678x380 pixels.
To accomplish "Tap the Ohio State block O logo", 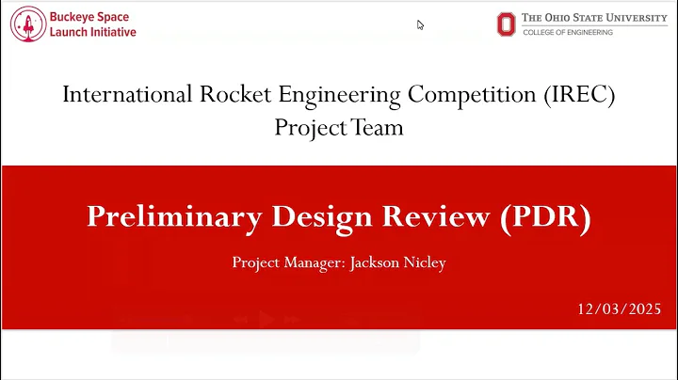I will (x=507, y=24).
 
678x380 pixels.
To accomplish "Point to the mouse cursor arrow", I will (x=420, y=24).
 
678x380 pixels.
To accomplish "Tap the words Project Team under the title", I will (x=339, y=127).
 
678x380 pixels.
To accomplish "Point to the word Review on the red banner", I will (x=428, y=216).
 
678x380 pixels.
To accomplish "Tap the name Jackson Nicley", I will (x=397, y=262).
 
